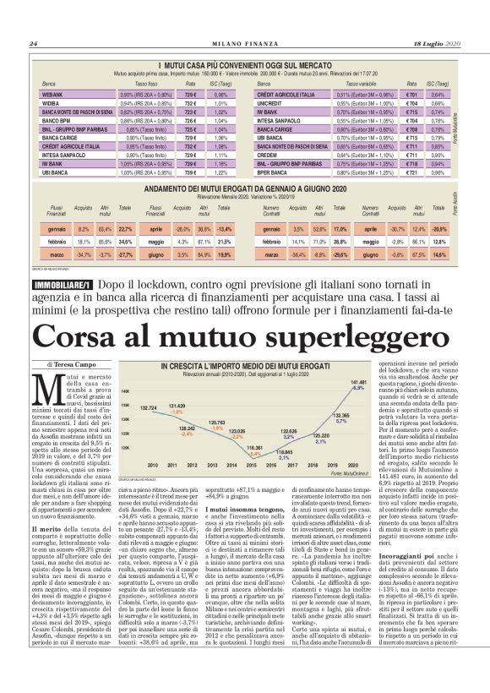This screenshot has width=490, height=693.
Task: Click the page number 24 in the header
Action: click(x=34, y=44)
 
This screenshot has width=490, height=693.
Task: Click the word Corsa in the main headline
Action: click(x=88, y=340)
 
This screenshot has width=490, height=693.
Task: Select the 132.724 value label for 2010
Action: click(x=149, y=407)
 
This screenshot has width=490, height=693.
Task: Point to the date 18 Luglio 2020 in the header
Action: click(x=436, y=44)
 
